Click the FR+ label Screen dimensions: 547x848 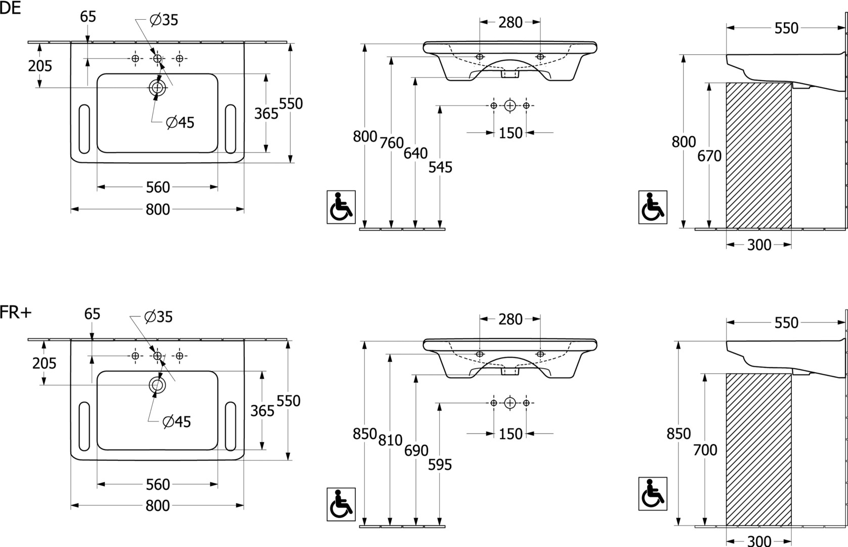15,312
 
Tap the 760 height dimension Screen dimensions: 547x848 392,143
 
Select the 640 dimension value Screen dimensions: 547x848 415,153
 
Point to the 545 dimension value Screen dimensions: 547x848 440,167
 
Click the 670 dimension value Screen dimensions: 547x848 709,156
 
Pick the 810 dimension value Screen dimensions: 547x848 391,440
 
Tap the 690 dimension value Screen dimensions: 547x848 416,450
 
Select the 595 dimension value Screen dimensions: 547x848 440,464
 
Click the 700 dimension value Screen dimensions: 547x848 705,450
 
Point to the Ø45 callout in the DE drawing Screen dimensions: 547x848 181,123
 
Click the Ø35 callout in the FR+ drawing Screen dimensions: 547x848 158,317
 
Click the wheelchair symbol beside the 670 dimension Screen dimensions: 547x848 653,207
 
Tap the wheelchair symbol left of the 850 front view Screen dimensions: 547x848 341,504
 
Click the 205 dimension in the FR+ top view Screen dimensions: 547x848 45,363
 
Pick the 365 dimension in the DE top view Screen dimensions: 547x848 266,113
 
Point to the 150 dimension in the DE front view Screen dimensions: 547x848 511,133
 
